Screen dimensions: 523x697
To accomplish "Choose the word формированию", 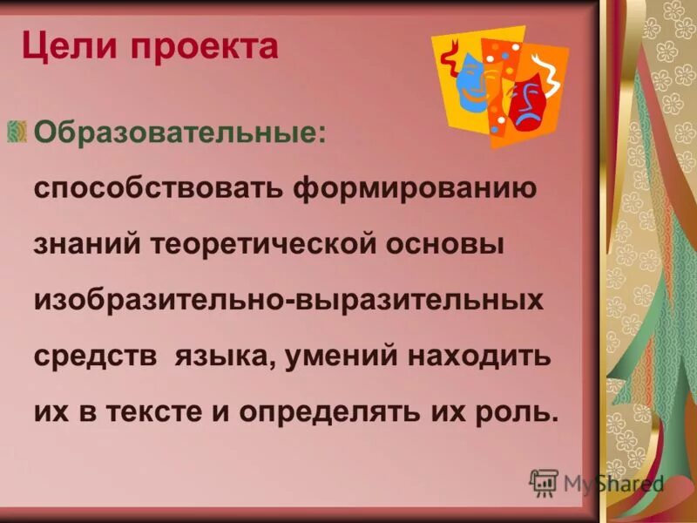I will click(412, 190).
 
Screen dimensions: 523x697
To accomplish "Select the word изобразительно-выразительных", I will click(288, 301).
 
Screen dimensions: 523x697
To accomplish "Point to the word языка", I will click(223, 357).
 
